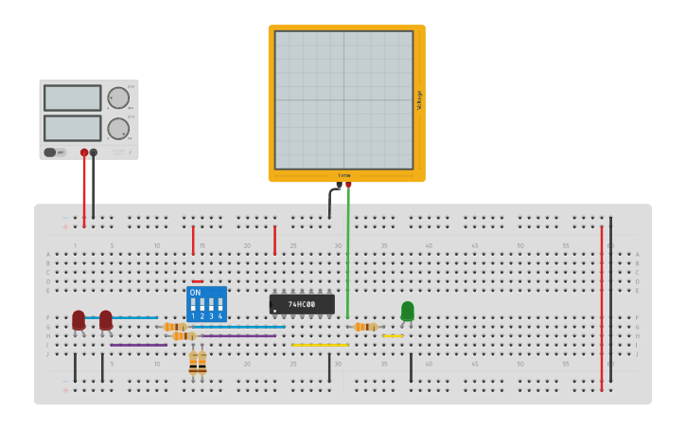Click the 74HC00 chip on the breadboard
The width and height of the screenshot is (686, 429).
coord(302,304)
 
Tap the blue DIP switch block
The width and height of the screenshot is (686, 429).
coord(206,304)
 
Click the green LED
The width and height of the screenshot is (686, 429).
coord(408,311)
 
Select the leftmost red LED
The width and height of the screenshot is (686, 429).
coord(79,320)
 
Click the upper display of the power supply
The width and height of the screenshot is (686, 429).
coord(72,98)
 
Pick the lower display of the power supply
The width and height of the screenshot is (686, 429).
coord(72,127)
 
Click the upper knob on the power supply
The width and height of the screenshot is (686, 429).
coord(118,98)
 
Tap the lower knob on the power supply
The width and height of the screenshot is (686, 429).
coord(118,128)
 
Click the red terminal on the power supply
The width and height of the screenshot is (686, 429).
coord(84,152)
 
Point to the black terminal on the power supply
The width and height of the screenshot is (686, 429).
coord(94,152)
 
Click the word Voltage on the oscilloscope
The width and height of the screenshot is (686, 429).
coord(419,100)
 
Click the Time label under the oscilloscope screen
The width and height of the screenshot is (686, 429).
coord(344,175)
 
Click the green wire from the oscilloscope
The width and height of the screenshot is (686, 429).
coord(347,256)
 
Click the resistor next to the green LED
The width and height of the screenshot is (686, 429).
coord(365,327)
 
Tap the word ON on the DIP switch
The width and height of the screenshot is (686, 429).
coord(196,293)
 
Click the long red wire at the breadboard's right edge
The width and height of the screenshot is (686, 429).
coord(601,303)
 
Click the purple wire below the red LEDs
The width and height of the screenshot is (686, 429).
coord(138,345)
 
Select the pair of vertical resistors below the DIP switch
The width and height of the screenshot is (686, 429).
coord(198,362)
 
